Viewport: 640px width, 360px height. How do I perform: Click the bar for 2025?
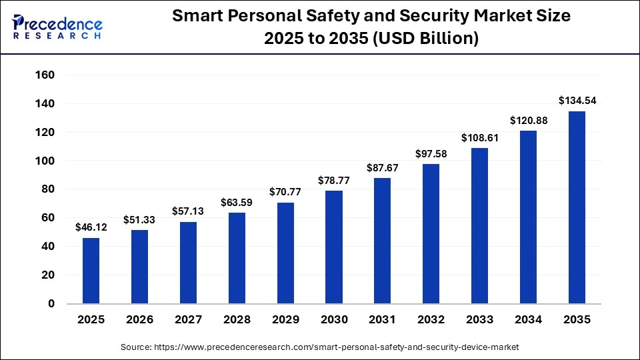tap(91, 271)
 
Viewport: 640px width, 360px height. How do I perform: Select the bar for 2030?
tap(333, 247)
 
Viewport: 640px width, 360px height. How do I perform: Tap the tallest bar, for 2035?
tap(577, 207)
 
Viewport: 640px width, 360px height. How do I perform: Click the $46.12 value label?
tap(91, 227)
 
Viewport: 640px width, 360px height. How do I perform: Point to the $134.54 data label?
tap(577, 101)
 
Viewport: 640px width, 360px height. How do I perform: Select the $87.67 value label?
tap(383, 168)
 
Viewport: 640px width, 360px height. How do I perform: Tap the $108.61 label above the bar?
tap(479, 137)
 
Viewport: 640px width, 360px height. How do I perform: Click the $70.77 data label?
tap(285, 192)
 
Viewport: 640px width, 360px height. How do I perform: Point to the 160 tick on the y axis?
tap(44, 75)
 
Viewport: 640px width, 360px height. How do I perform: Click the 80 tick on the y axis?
tap(48, 189)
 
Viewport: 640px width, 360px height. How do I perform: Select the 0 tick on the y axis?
tap(51, 304)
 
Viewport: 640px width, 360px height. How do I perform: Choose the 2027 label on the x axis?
tap(188, 320)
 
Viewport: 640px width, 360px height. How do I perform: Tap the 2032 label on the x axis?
tap(431, 320)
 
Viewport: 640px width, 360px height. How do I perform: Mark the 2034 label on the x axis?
tap(529, 320)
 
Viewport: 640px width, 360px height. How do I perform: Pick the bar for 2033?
tap(479, 226)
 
